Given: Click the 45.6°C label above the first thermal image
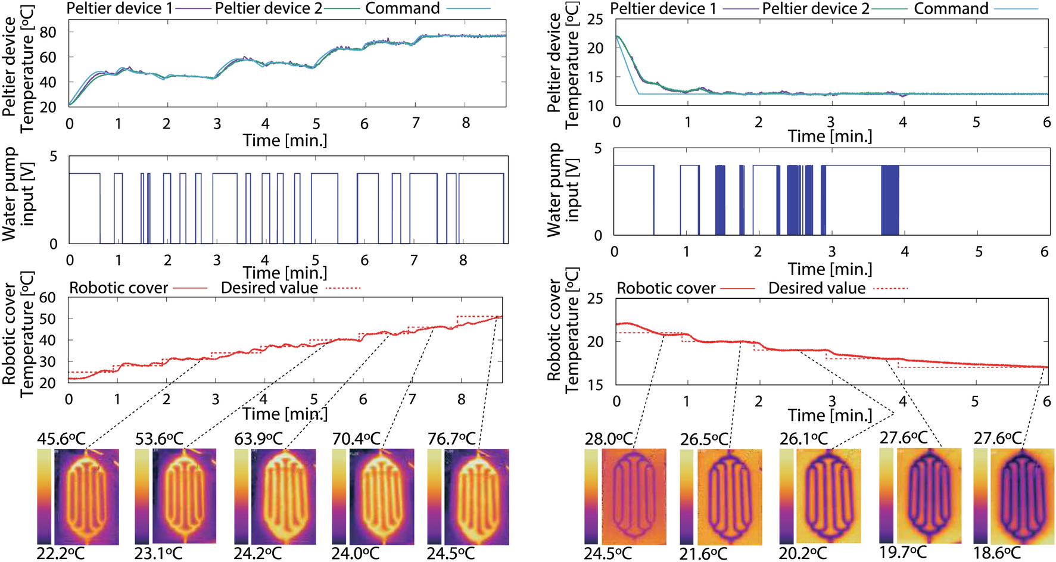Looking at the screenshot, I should click(x=60, y=439).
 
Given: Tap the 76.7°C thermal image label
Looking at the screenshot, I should click(x=451, y=439).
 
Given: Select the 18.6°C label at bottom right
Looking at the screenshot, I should click(x=997, y=552).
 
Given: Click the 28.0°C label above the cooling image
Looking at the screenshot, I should click(x=608, y=439).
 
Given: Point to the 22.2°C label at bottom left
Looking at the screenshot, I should click(x=60, y=553).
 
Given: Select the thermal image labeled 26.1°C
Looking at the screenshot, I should click(x=828, y=497).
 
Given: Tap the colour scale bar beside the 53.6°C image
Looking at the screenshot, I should click(x=142, y=497).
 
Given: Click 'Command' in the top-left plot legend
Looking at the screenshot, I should click(x=402, y=8).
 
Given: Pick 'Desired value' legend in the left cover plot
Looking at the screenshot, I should click(x=269, y=288).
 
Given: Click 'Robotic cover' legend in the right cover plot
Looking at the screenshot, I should click(x=665, y=289).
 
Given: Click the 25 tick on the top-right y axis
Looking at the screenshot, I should click(x=594, y=20).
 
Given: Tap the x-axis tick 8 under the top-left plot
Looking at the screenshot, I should click(x=466, y=123).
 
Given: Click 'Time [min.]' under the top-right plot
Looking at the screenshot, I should click(x=830, y=136).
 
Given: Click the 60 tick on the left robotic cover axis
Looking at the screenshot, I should click(x=47, y=298).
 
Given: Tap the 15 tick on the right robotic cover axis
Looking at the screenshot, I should click(x=594, y=385).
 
